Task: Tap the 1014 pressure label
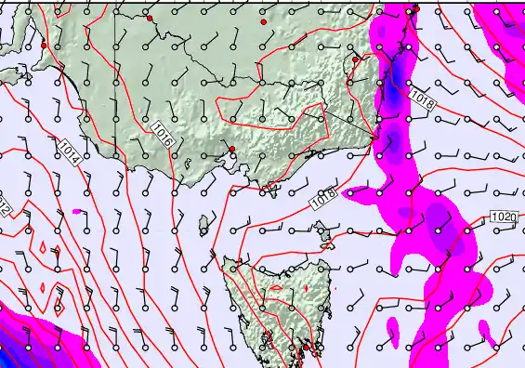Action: [x=69, y=151]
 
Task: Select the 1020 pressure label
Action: [x=503, y=217]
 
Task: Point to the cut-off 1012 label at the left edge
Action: [x=4, y=206]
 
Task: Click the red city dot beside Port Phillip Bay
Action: [x=231, y=149]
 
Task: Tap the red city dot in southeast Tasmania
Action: [x=307, y=348]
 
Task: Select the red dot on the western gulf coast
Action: [x=44, y=45]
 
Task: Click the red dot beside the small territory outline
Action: [x=355, y=59]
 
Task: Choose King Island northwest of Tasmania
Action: [x=204, y=223]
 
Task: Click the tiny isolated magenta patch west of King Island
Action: [x=77, y=212]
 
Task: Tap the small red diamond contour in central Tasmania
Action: [x=275, y=289]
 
